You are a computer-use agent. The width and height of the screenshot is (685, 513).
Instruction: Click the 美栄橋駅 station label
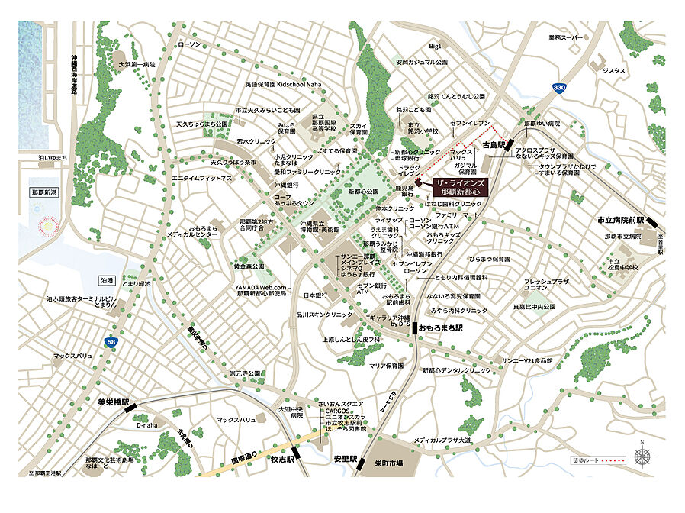pos(114,401)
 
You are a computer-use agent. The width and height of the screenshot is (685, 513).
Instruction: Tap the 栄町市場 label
pos(391,463)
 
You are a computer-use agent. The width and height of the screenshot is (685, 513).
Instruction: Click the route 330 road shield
pos(560,89)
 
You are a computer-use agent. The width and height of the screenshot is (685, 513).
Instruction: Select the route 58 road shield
pos(111,343)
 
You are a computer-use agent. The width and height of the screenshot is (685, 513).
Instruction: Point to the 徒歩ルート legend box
pos(598,460)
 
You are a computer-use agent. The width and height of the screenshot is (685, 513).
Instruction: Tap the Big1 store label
pos(436,47)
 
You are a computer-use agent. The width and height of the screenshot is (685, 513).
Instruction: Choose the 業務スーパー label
pos(566,37)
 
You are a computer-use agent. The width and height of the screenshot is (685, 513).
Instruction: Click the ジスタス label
pos(613,71)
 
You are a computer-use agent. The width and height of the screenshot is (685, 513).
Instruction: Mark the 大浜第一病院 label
pos(136,65)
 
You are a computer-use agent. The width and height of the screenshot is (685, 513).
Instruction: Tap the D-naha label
pos(146,424)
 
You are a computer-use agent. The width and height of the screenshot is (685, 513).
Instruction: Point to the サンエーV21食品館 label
pos(526,360)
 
